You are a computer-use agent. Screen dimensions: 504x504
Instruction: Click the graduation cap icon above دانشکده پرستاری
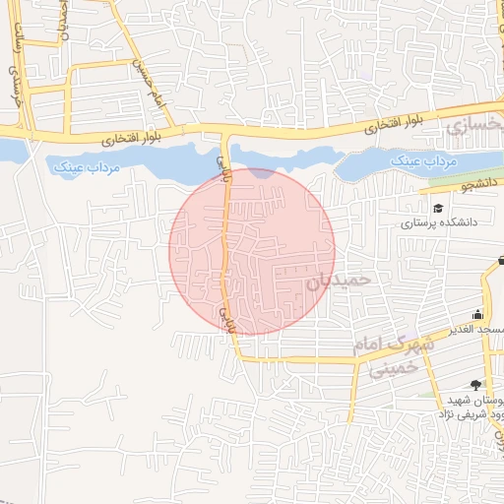[436, 208]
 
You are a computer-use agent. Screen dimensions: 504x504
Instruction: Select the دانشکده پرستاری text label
[438, 223]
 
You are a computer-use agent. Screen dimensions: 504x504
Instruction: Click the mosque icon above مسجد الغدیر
[477, 314]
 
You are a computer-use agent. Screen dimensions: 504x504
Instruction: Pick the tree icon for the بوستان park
[476, 385]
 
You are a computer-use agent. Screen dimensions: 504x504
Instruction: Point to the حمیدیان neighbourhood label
[339, 280]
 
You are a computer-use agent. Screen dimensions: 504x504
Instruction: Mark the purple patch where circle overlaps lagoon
[261, 172]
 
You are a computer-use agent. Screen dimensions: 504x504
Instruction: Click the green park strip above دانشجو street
[463, 177]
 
